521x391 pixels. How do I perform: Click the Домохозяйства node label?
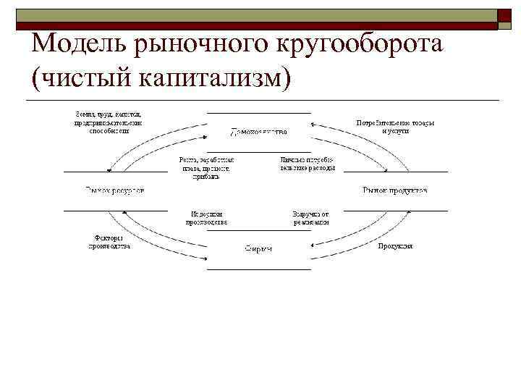(258, 132)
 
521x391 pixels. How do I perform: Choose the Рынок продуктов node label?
(394, 190)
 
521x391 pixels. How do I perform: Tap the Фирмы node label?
(258, 248)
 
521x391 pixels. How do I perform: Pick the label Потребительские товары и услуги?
(395, 127)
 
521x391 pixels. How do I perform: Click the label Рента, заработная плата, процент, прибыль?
(207, 167)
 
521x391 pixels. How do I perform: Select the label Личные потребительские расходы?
(308, 163)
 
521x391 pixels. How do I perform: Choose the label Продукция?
(395, 246)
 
